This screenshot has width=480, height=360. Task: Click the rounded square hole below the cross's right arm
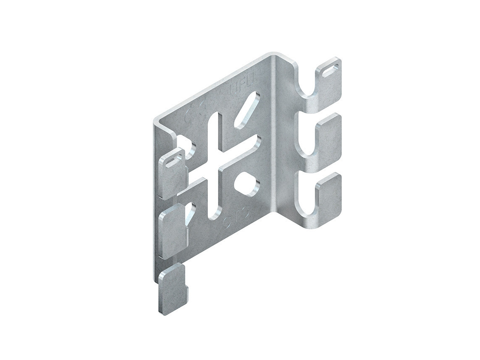point(246,184)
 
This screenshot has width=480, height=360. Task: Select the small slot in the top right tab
point(331,68)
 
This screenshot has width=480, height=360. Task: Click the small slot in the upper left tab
point(173,161)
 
